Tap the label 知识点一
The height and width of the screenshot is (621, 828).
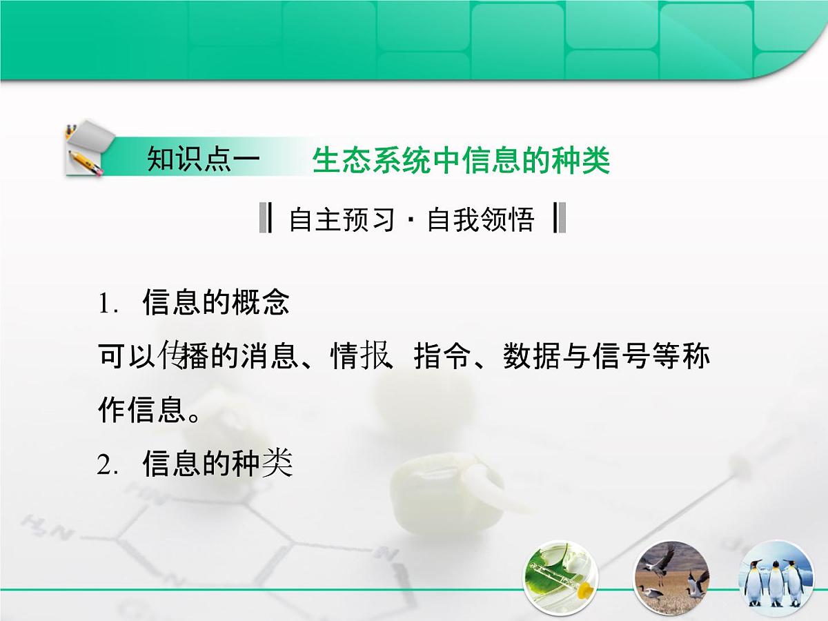click(x=204, y=161)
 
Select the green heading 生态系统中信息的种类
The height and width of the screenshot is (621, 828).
click(x=461, y=161)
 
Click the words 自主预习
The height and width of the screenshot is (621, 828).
click(x=342, y=219)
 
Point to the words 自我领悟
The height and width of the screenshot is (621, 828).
click(x=481, y=219)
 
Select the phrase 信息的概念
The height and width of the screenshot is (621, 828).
click(x=216, y=304)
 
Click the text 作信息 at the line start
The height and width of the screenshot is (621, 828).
click(x=141, y=411)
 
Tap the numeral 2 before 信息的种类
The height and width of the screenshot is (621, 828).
click(x=104, y=466)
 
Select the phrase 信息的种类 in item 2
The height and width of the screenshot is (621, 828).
click(x=217, y=465)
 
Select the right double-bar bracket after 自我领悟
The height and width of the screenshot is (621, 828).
click(x=560, y=219)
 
